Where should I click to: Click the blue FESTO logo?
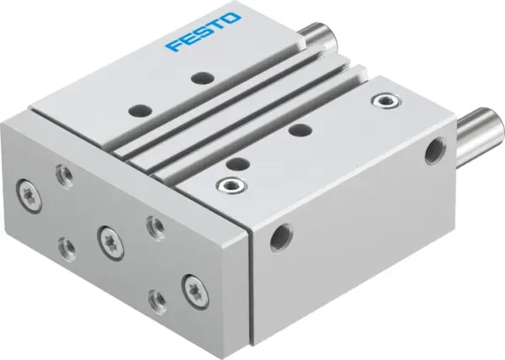pyautogui.click(x=202, y=31)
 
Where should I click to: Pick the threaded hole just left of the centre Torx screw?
pyautogui.click(x=66, y=245)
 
